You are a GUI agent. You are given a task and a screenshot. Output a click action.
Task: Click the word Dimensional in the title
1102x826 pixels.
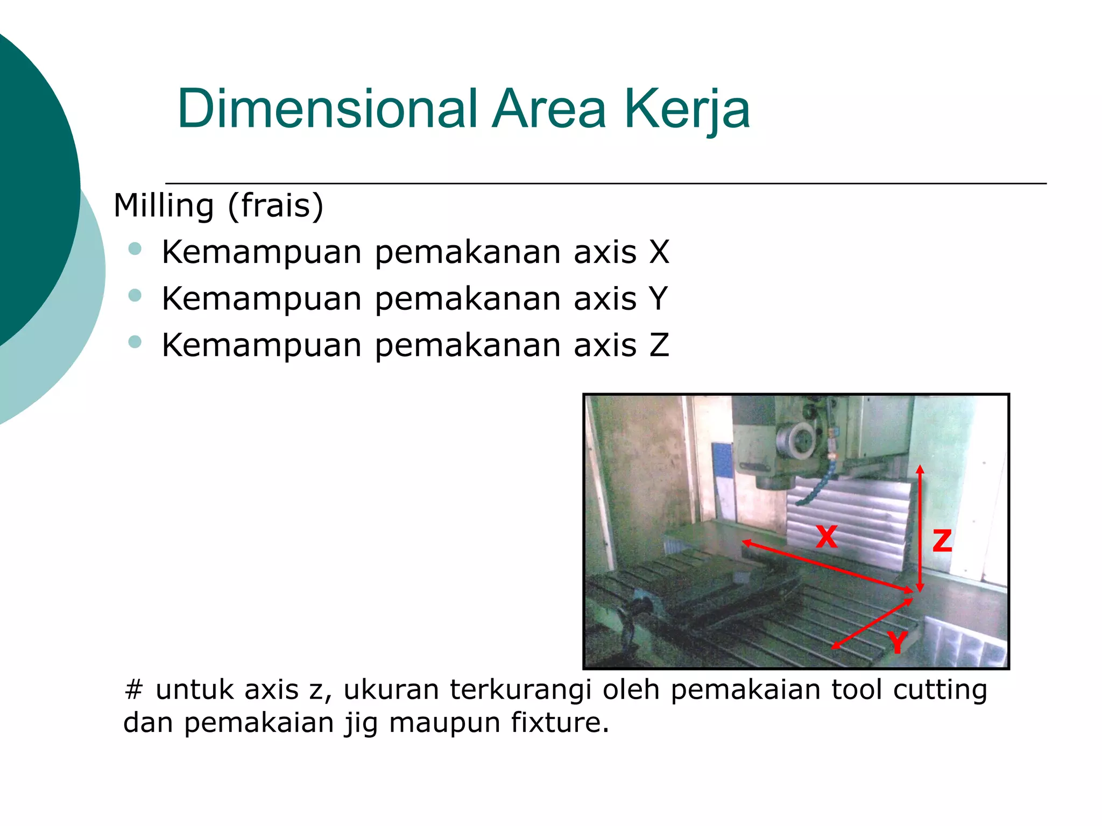[327, 109]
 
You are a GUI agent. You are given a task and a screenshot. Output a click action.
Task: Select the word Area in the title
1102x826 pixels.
[549, 109]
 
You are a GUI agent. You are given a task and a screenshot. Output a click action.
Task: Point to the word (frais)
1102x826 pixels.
[275, 205]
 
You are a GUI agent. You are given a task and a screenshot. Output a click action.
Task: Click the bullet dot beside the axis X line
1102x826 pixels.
[135, 248]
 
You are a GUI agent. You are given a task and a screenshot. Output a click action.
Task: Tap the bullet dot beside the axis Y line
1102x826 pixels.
[135, 295]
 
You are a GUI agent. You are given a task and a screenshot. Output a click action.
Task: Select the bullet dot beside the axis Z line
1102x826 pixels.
[135, 341]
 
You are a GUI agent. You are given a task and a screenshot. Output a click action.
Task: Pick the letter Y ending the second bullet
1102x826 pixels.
[658, 298]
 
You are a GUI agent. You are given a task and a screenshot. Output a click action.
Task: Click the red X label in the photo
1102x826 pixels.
[826, 537]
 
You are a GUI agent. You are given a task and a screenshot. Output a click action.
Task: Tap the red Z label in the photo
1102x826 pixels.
[942, 540]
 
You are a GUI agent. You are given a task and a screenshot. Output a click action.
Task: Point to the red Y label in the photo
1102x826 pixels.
[896, 642]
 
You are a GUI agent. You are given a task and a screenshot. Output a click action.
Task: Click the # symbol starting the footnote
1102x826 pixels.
[133, 689]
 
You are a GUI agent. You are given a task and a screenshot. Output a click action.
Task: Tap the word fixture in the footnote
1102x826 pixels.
[560, 722]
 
